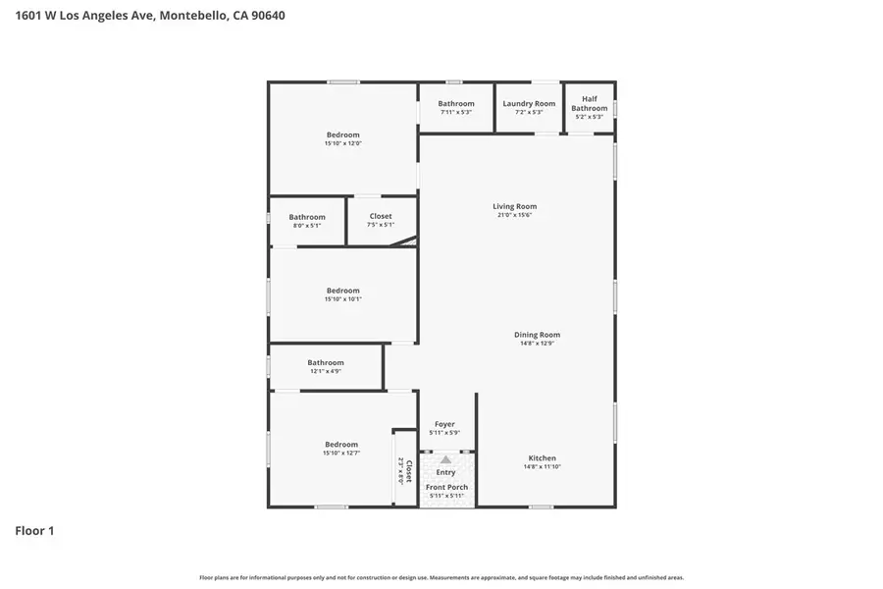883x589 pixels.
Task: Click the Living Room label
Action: tap(514, 206)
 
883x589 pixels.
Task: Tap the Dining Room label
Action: tap(537, 335)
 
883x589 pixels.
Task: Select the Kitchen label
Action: tap(542, 458)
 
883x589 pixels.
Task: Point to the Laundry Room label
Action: tap(529, 103)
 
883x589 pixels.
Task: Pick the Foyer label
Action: tap(444, 424)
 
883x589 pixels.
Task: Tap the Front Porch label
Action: tap(446, 487)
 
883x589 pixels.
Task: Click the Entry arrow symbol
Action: tap(445, 459)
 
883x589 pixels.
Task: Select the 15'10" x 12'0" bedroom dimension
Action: tap(343, 143)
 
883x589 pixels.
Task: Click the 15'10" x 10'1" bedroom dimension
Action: tap(343, 299)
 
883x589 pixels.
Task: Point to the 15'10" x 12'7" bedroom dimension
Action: tap(341, 453)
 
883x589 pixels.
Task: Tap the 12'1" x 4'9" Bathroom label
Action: tap(326, 362)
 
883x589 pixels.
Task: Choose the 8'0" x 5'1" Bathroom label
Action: tap(307, 217)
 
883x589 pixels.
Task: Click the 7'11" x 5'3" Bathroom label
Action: tap(456, 103)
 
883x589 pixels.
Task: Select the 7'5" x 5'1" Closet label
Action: tap(381, 216)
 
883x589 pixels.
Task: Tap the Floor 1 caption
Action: tap(34, 531)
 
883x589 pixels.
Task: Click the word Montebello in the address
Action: tap(192, 16)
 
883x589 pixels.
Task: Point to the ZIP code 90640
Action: tap(266, 16)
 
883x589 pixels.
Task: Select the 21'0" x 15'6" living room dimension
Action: tap(514, 215)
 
